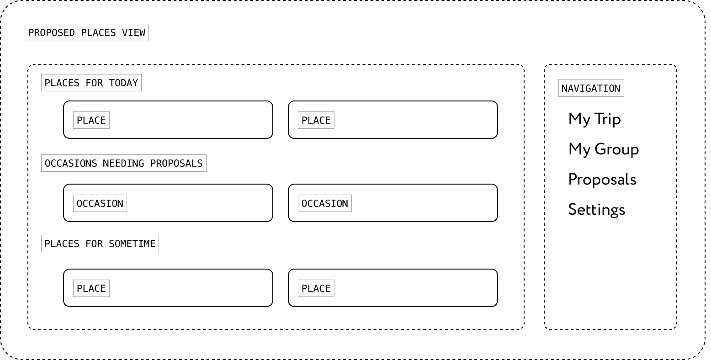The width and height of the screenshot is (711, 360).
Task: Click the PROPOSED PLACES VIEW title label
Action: pyautogui.click(x=87, y=33)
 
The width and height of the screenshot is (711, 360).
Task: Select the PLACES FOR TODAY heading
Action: pyautogui.click(x=91, y=83)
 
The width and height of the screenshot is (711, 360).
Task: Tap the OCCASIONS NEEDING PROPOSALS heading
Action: pyautogui.click(x=123, y=164)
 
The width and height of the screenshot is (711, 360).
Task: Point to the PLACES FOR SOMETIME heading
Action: pyautogui.click(x=100, y=244)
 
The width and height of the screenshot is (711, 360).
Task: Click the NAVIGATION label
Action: pyautogui.click(x=591, y=89)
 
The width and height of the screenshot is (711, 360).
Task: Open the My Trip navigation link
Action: pyautogui.click(x=594, y=119)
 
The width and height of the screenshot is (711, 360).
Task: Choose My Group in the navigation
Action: pyautogui.click(x=604, y=149)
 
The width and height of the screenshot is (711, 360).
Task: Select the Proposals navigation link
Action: pyautogui.click(x=602, y=180)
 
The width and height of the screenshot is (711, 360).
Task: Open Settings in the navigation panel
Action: pyautogui.click(x=596, y=210)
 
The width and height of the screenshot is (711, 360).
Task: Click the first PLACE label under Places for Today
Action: pyautogui.click(x=91, y=121)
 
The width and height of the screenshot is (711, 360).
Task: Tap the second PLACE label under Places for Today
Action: pyautogui.click(x=316, y=121)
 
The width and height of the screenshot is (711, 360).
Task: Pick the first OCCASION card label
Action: pyautogui.click(x=100, y=204)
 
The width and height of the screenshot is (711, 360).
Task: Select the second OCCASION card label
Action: pyautogui.click(x=325, y=204)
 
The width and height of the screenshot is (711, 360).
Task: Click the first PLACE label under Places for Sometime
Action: pyautogui.click(x=91, y=289)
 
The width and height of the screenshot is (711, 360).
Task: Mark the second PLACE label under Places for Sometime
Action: pyautogui.click(x=316, y=289)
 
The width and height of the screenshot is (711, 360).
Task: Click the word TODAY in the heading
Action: pyautogui.click(x=123, y=83)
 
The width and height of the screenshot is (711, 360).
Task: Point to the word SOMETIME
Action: pyautogui.click(x=132, y=244)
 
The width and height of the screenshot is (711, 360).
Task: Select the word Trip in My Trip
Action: pyautogui.click(x=607, y=119)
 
